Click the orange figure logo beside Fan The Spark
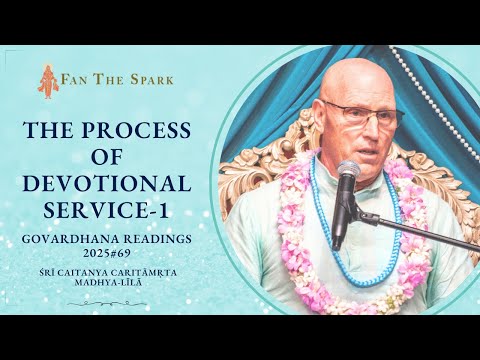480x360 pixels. [x=46, y=81]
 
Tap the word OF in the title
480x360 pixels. [x=106, y=157]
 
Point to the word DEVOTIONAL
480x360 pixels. [x=107, y=184]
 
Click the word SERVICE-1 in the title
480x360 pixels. [x=106, y=211]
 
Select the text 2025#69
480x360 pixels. [x=107, y=254]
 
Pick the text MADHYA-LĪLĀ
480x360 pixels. [x=108, y=282]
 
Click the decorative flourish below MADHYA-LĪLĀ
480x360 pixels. [x=107, y=303]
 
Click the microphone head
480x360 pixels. [x=349, y=171]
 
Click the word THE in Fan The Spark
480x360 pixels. [x=108, y=80]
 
